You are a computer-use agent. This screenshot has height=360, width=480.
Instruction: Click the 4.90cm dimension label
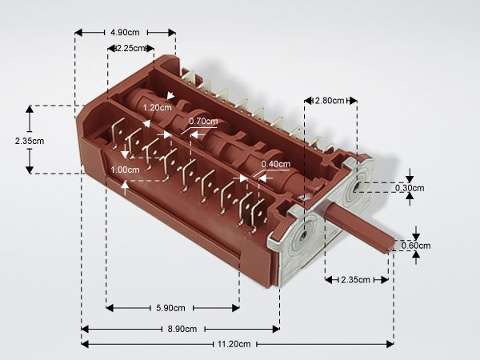pyautogui.click(x=125, y=33)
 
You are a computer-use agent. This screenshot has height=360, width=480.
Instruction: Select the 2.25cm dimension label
pyautogui.click(x=130, y=48)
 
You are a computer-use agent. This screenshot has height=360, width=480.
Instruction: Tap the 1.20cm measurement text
pyautogui.click(x=157, y=107)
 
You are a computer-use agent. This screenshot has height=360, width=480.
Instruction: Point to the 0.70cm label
pyautogui.click(x=203, y=122)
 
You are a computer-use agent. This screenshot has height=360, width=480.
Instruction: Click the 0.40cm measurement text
pyautogui.click(x=275, y=164)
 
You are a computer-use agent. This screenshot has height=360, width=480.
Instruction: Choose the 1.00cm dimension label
pyautogui.click(x=125, y=170)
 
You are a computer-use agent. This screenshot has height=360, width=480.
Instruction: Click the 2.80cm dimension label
pyautogui.click(x=330, y=101)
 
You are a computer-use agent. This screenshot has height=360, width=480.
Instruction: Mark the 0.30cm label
pyautogui.click(x=410, y=188)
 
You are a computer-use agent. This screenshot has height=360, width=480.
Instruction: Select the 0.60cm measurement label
pyautogui.click(x=416, y=246)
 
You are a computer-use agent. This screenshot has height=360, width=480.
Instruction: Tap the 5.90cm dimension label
pyautogui.click(x=170, y=308)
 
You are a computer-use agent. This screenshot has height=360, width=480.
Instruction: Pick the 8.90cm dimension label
pyautogui.click(x=182, y=329)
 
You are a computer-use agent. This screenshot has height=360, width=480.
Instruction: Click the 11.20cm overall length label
pyautogui.click(x=234, y=344)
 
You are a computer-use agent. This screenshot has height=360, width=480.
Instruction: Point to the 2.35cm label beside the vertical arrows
pyautogui.click(x=30, y=141)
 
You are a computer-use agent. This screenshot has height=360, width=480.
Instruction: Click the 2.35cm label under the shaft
pyautogui.click(x=355, y=280)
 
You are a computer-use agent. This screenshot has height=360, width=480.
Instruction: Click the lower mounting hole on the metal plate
pyautogui.click(x=303, y=235)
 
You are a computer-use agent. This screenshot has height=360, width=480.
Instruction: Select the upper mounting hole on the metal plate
pyautogui.click(x=357, y=186)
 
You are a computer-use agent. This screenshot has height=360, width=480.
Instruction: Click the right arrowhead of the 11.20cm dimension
pyautogui.click(x=390, y=344)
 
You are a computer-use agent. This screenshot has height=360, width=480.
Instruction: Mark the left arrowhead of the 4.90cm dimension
pyautogui.click(x=78, y=33)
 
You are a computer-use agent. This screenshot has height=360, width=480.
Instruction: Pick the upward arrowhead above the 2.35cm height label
pyautogui.click(x=30, y=110)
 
